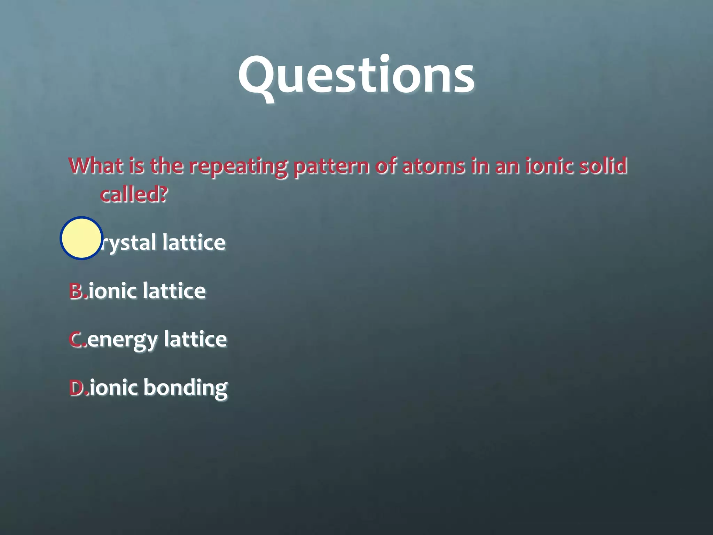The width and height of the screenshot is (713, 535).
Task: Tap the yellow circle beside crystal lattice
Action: tap(81, 238)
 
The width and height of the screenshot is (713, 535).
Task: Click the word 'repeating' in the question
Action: tap(238, 166)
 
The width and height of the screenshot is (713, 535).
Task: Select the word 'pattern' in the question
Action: tap(331, 166)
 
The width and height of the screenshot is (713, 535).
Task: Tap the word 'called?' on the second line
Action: tap(134, 194)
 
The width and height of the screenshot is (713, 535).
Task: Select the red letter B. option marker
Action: tap(77, 291)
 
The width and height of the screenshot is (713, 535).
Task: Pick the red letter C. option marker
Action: tap(77, 339)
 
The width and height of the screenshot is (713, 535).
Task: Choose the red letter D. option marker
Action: tap(78, 387)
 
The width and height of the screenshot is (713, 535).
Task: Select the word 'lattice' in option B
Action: tap(174, 291)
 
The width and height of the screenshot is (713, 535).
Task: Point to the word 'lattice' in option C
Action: tap(195, 339)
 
